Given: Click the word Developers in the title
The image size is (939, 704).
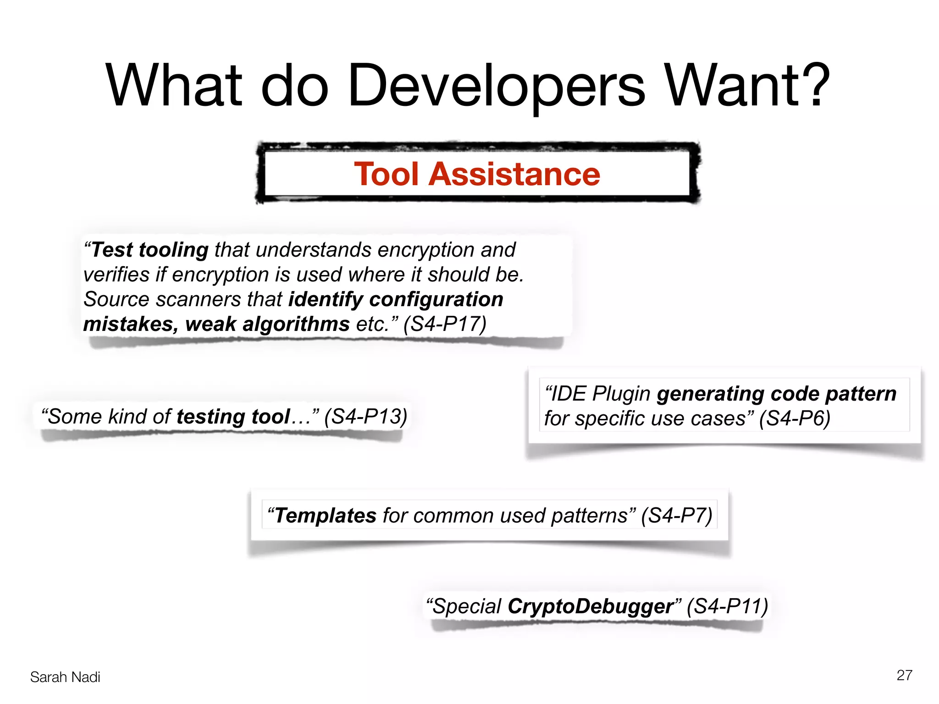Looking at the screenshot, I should point(497,86).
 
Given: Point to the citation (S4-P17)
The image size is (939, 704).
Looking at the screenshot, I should point(445,324).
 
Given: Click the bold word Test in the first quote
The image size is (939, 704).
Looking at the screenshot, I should point(112,250).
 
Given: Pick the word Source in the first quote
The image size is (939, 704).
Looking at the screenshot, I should point(116,300).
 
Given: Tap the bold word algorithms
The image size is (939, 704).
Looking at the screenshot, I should point(296,324).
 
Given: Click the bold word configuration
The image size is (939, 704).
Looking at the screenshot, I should point(436,300).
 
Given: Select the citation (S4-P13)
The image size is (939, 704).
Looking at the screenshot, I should point(365,417).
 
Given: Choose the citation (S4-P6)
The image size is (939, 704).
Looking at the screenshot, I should point(795,418).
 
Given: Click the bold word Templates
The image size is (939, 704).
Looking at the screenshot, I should point(326,516).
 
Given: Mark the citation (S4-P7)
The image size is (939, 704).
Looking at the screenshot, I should point(677,516).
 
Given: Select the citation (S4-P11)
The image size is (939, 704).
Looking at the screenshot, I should point(727,606).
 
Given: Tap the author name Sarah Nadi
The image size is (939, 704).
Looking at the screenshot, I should point(65,677).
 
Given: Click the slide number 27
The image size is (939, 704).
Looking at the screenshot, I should point(904,675).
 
